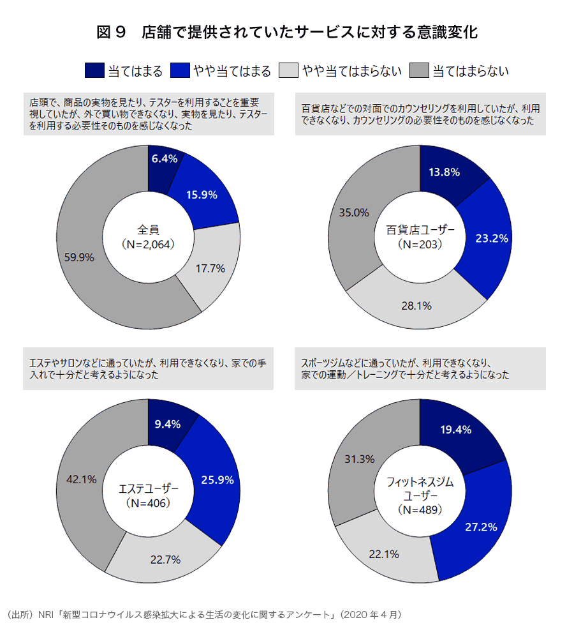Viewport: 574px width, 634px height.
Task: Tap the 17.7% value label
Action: [210, 269]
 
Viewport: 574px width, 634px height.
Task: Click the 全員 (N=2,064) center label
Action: [148, 236]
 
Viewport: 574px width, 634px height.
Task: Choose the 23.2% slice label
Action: [492, 238]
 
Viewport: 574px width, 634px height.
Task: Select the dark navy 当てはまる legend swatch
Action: [94, 70]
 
